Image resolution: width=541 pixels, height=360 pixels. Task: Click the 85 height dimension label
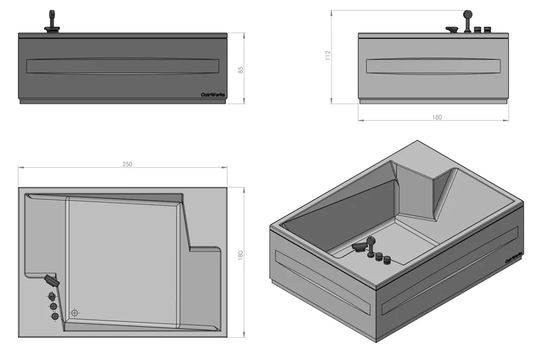pos(241,70)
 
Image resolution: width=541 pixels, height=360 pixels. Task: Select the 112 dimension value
pos(328,56)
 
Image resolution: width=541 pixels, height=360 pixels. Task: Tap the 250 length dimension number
pos(127,164)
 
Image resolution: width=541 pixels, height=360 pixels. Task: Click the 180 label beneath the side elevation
pos(437,117)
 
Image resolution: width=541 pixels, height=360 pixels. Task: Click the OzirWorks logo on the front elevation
pos(213,95)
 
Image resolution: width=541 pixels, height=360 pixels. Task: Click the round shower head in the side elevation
pos(468,15)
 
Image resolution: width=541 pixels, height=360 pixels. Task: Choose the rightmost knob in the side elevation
pos(487,30)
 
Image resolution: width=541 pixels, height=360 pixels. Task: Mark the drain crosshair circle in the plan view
pos(75,313)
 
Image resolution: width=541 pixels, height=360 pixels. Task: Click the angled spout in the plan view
pos(51,281)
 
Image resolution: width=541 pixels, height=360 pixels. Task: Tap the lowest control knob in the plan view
pos(55,316)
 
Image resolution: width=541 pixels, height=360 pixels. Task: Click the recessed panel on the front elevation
pos(122,66)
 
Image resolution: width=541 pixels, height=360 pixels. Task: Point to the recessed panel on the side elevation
pos(433,66)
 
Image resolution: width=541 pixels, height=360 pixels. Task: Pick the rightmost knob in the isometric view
pos(387,259)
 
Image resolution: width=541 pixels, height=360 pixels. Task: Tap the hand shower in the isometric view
pos(371,245)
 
